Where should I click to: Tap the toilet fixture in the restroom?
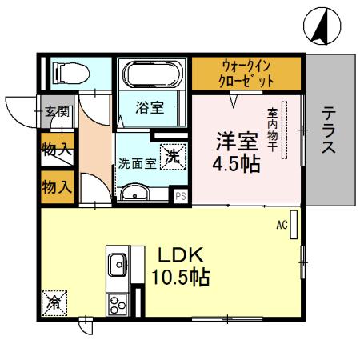(70, 74)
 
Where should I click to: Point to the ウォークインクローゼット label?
(246, 73)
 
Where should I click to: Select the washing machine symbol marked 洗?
(172, 157)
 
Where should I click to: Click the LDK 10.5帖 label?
(180, 266)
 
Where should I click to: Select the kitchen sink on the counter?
(117, 263)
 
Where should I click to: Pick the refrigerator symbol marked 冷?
(54, 302)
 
